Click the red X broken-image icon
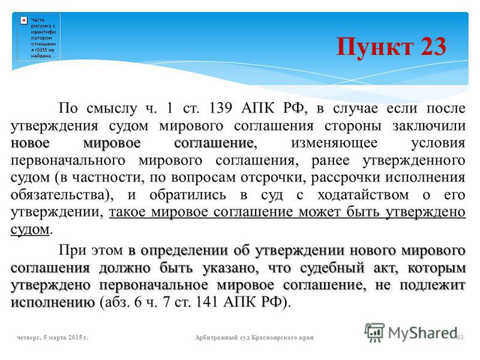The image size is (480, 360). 24,20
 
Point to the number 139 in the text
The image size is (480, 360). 220,107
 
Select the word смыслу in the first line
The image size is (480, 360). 112,109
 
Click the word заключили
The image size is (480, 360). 429,126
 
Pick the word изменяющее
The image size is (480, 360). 334,143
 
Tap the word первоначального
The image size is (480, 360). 68,161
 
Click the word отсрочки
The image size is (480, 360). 271,178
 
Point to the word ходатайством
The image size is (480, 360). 363,195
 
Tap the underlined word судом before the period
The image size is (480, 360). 30,229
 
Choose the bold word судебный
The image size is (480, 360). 332,268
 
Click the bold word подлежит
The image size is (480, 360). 433,286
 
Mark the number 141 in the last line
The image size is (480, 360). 206,302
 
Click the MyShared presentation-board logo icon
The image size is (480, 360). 374,332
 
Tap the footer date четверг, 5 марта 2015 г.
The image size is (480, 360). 53,337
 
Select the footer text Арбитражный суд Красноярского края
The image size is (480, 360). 254,338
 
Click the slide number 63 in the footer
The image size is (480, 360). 460,337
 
